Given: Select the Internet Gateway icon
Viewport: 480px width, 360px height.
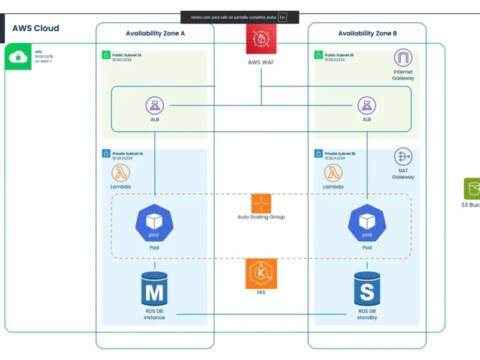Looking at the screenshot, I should (x=403, y=59).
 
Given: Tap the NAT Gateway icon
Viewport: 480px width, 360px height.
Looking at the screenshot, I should (x=403, y=157).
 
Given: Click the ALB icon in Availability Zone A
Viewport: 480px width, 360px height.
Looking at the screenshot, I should (x=155, y=106).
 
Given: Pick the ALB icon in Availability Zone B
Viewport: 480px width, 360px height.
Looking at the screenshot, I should (x=367, y=106).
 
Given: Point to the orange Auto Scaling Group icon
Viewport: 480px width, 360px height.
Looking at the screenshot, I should (x=261, y=203).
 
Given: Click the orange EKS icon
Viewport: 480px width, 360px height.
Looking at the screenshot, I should (x=261, y=273).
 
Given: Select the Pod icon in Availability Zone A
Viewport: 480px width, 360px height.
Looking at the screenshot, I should (x=155, y=223).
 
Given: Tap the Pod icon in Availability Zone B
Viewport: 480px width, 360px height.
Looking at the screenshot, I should (x=367, y=223).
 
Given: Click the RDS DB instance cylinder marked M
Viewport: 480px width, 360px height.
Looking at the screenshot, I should (x=154, y=289).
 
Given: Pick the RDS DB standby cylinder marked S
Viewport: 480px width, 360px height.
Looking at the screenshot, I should (x=367, y=289).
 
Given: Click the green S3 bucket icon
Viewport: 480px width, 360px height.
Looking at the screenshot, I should (x=472, y=188).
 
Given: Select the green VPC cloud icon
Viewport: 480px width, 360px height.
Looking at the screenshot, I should (x=18, y=57).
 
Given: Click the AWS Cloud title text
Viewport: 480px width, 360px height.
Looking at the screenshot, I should (x=35, y=28).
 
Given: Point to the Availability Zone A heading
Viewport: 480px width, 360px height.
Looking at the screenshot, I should (x=155, y=34).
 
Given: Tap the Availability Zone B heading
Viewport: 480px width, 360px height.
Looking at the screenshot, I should (x=367, y=34).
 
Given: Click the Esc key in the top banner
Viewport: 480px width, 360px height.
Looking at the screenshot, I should (x=282, y=17).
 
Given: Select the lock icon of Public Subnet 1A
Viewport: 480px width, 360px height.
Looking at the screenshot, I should (x=106, y=55).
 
